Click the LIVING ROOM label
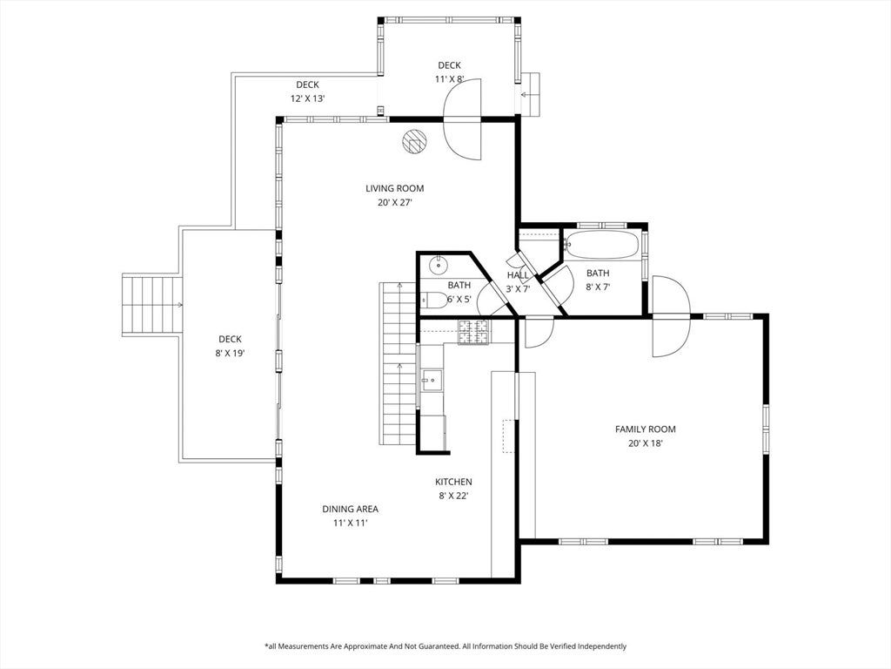394,188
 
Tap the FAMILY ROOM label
645,429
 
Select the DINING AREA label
350,509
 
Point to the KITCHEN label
453,482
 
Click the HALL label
518,275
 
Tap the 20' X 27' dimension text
394,202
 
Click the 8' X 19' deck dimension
230,354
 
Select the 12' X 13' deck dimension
307,98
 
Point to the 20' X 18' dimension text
645,443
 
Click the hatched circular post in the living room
415,141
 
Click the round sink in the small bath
439,265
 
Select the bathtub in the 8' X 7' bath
602,245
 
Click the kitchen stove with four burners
474,332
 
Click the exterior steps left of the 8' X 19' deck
151,305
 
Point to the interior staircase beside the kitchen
398,364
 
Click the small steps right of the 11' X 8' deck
531,94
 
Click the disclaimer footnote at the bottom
445,646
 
